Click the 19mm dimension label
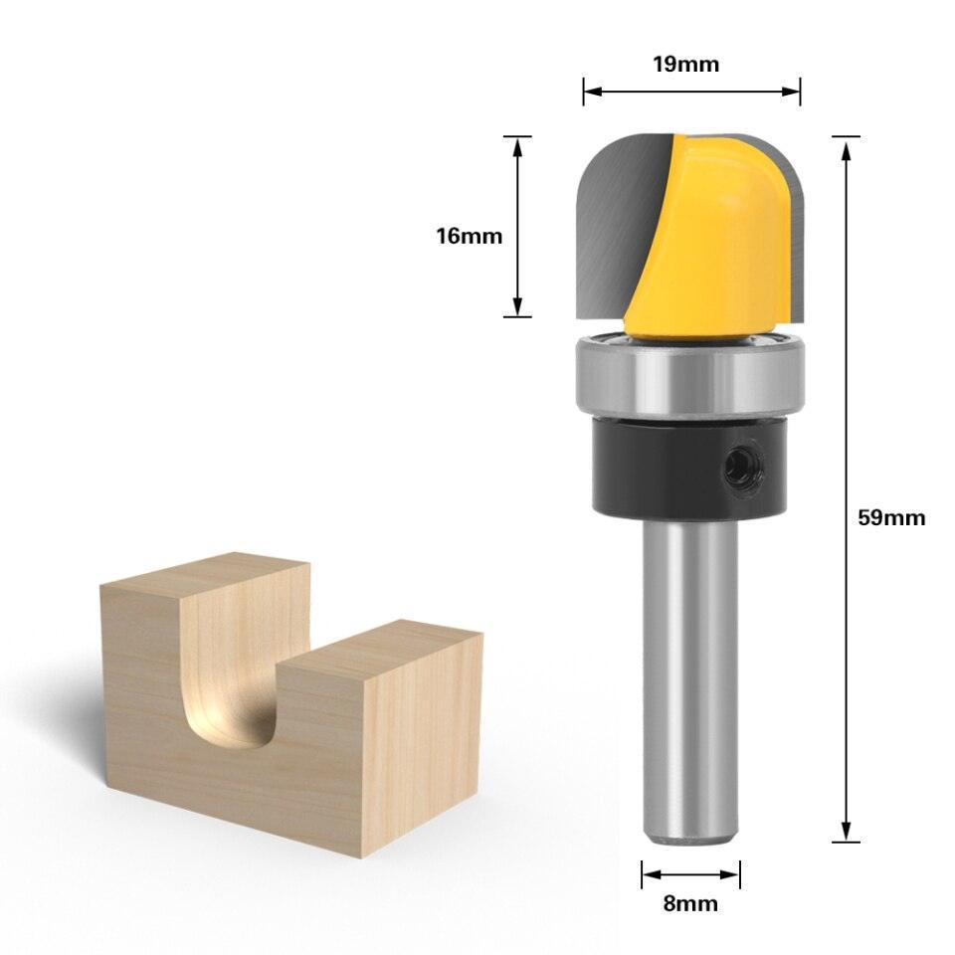pos(685,64)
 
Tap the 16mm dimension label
pos(469,236)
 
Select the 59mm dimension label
pos(891,517)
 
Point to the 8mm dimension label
pos(690,903)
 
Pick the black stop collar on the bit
pos(689,468)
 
